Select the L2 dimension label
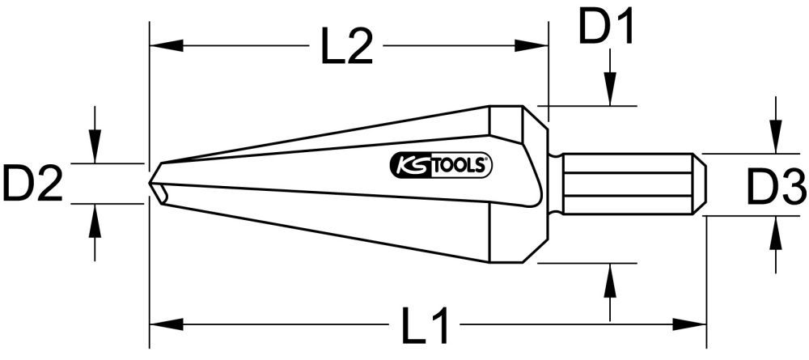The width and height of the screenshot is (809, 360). click(x=346, y=50)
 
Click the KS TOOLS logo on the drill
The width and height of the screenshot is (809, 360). click(x=442, y=165)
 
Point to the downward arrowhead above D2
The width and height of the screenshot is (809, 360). click(x=96, y=149)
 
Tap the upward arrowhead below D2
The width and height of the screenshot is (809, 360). click(x=96, y=218)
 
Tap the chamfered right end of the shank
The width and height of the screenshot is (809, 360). click(x=700, y=183)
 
